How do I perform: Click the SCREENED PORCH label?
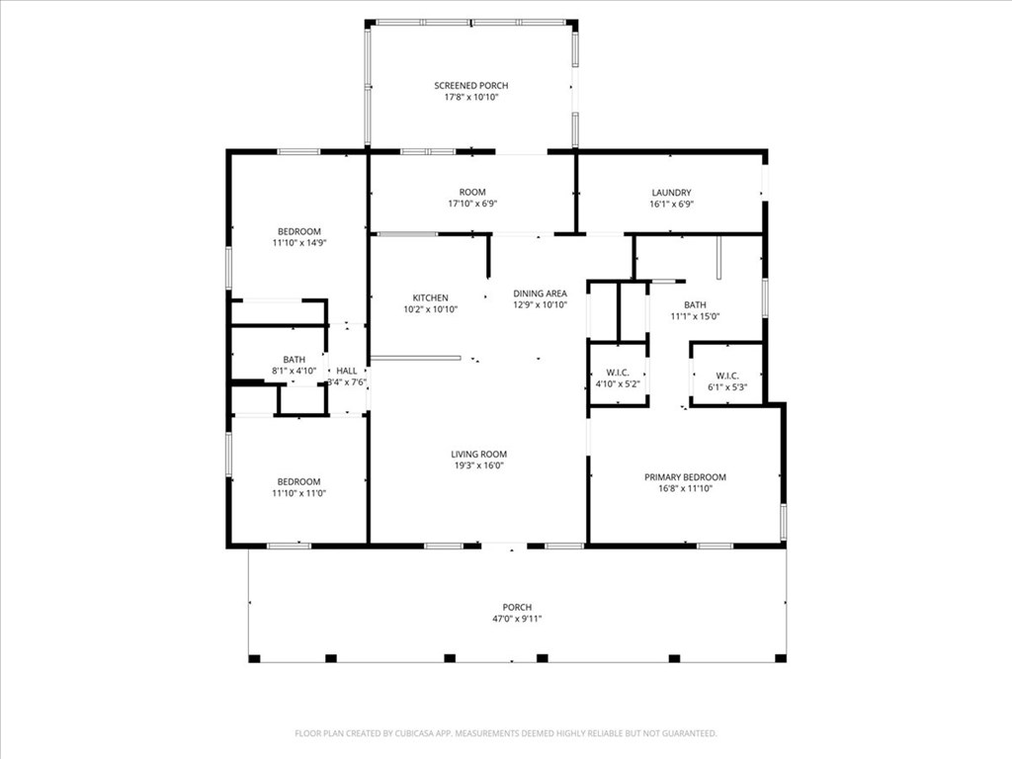click(471, 85)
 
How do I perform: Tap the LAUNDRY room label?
click(671, 193)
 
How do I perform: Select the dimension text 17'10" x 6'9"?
click(472, 204)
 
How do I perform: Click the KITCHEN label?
click(431, 297)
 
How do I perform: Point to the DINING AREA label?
click(541, 293)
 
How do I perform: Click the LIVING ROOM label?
click(479, 454)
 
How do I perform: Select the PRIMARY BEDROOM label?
click(686, 477)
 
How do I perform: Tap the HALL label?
click(347, 371)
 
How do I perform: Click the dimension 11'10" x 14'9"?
click(298, 243)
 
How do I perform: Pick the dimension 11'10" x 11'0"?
click(298, 493)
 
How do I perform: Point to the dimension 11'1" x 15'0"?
click(695, 316)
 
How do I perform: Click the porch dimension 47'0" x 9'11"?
click(517, 619)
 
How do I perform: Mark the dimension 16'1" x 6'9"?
click(671, 204)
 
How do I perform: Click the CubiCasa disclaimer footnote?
click(506, 733)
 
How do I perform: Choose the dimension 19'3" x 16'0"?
click(479, 465)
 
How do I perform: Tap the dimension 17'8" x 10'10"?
click(471, 98)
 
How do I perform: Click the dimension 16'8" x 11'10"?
click(686, 488)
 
